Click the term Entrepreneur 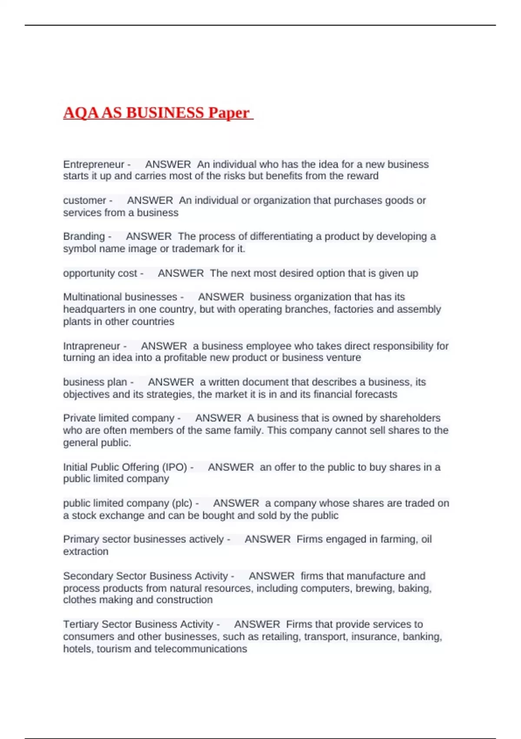pyautogui.click(x=94, y=164)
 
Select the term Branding pyautogui.click(x=84, y=236)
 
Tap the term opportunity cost pyautogui.click(x=100, y=273)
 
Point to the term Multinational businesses pyautogui.click(x=120, y=297)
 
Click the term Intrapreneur pyautogui.click(x=92, y=346)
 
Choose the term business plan pyautogui.click(x=95, y=382)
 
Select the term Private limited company pyautogui.click(x=119, y=418)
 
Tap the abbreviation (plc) pyautogui.click(x=182, y=503)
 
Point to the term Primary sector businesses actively pyautogui.click(x=143, y=539)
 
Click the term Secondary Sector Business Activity pyautogui.click(x=145, y=576)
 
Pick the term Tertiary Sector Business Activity pyautogui.click(x=138, y=624)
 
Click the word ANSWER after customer pyautogui.click(x=150, y=200)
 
